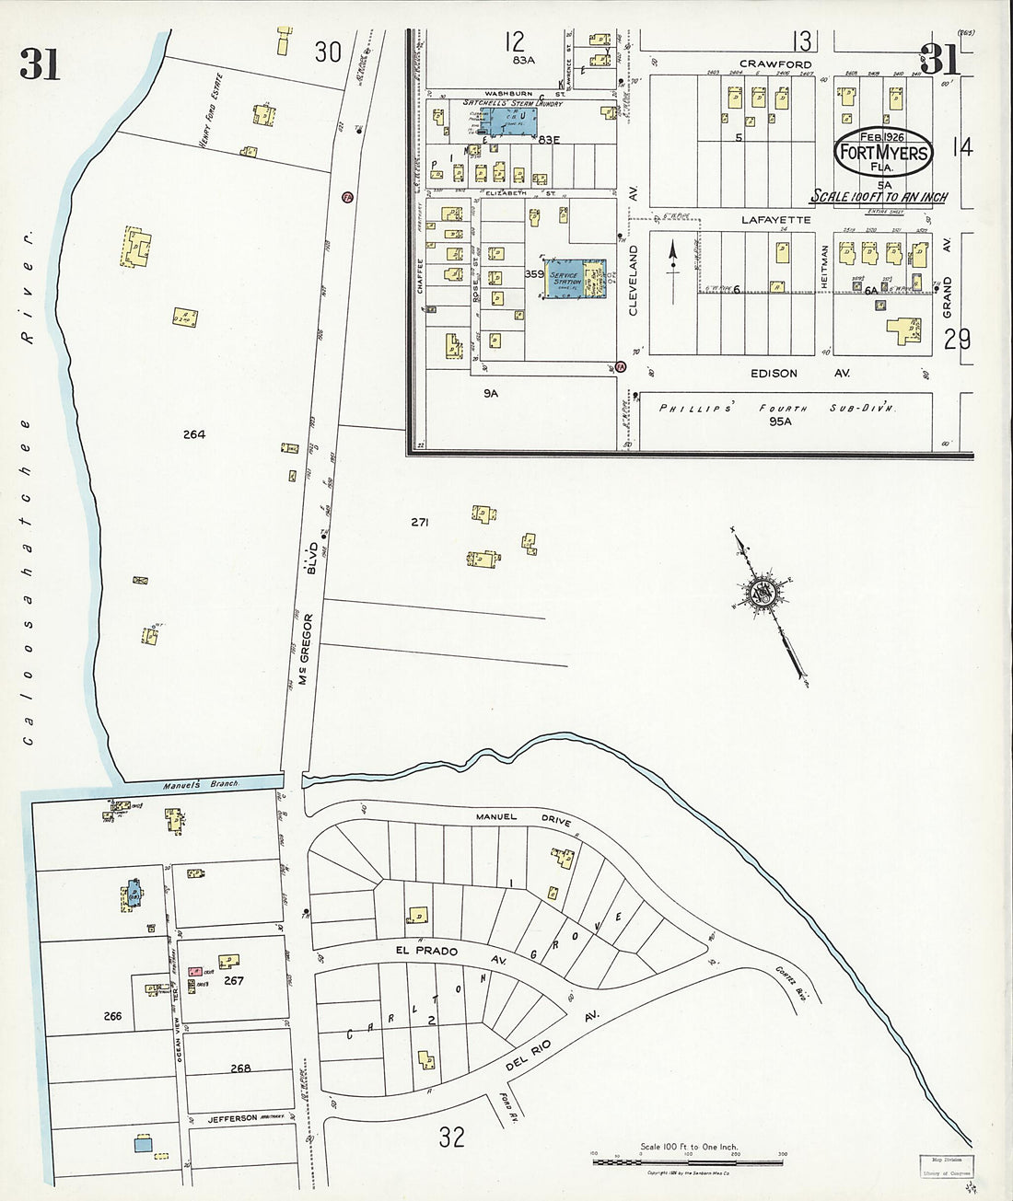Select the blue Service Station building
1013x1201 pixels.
point(578,277)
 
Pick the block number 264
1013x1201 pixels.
point(193,434)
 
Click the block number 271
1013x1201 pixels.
point(421,522)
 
